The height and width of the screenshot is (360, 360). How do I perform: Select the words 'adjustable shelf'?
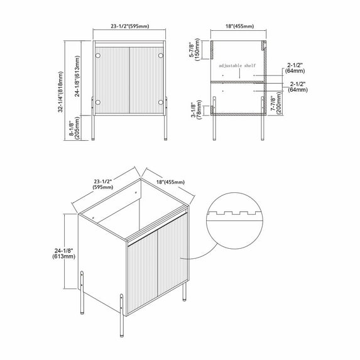click(x=237, y=65)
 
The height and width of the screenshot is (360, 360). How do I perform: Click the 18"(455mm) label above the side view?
click(x=239, y=26)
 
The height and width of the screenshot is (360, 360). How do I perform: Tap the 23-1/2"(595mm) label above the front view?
click(x=129, y=26)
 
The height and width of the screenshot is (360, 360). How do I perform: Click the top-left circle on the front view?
click(x=97, y=57)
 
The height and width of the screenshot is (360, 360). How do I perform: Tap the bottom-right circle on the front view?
click(x=161, y=102)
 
